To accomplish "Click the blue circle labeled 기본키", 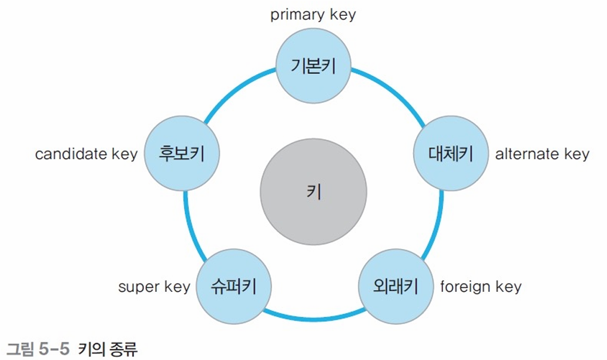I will (x=313, y=66).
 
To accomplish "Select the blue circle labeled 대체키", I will (x=450, y=154).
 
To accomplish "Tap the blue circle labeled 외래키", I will (x=395, y=287).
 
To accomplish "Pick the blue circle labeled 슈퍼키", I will (x=233, y=287).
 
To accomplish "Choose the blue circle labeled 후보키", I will (x=182, y=154).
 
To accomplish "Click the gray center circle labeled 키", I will (x=313, y=193).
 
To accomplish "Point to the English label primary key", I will (x=313, y=15).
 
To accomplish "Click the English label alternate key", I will (x=542, y=154).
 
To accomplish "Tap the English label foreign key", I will (x=480, y=287).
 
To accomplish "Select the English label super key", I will (x=154, y=287).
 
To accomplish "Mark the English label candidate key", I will (x=86, y=154).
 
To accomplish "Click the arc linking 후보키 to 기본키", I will (x=235, y=88).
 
